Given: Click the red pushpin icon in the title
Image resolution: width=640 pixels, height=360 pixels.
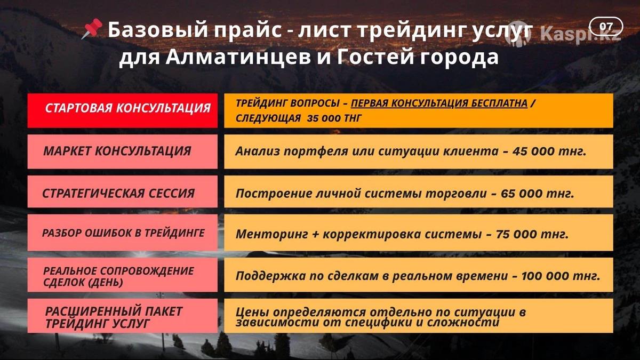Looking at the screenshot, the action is tap(92, 29).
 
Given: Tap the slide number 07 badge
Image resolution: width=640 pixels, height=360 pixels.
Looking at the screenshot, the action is tap(606, 27).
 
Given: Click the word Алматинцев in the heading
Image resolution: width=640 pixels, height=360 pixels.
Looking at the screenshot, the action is tap(238, 57).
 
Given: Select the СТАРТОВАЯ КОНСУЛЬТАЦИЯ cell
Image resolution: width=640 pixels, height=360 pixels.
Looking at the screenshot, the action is tap(123, 110).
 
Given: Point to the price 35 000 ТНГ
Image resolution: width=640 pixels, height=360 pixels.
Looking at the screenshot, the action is tap(334, 118).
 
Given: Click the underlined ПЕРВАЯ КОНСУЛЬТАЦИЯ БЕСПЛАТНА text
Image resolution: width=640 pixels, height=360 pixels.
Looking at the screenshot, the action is tap(439, 103).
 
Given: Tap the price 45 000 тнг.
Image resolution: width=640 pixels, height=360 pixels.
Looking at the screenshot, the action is tap(549, 151).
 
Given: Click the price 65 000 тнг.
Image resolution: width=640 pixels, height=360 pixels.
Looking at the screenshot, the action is tap(537, 194).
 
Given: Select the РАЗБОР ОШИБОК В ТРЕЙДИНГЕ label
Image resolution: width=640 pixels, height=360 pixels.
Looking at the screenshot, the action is tap(123, 233).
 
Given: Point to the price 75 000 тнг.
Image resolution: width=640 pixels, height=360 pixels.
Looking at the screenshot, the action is tap(532, 234).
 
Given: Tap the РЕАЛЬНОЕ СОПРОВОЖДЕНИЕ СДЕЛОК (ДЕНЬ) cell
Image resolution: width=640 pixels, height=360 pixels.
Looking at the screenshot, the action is tap(123, 275).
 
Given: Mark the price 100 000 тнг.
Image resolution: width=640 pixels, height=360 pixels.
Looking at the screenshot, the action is tap(561, 276).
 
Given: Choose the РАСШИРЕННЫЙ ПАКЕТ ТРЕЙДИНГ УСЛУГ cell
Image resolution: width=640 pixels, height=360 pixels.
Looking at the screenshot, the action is tap(123, 316).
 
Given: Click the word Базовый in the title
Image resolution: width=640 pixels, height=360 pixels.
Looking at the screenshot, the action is tap(158, 30).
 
